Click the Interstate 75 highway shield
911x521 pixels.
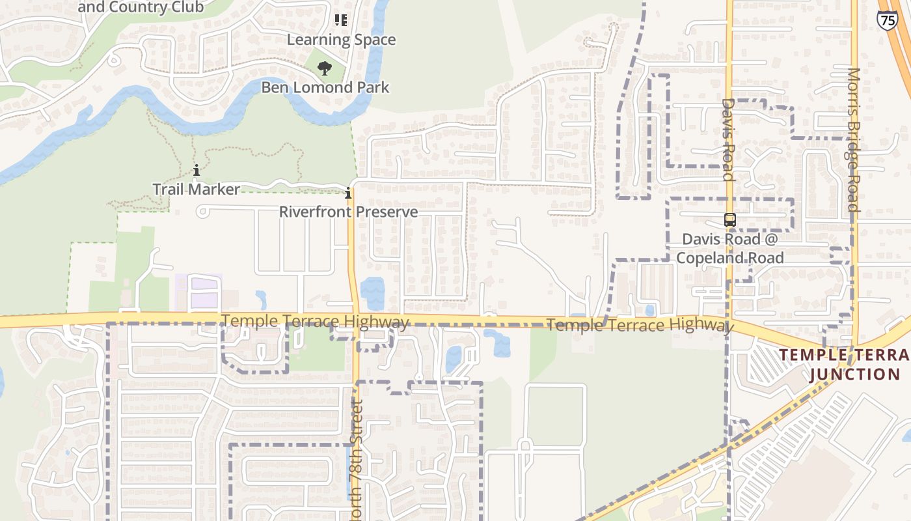[x=886, y=20]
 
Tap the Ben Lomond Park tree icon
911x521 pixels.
[x=324, y=68]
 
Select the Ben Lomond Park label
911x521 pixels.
[x=325, y=87]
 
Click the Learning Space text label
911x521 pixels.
[x=341, y=40]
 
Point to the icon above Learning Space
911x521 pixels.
[x=341, y=20]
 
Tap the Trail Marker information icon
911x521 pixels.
[x=197, y=171]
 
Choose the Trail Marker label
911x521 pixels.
[x=196, y=190]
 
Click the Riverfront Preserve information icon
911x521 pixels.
[x=348, y=193]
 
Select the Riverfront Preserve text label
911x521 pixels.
[x=348, y=212]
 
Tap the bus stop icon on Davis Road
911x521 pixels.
[x=730, y=220]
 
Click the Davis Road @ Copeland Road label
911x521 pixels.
[x=730, y=248]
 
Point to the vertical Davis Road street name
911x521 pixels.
[x=727, y=139]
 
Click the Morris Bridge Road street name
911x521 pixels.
[x=854, y=139]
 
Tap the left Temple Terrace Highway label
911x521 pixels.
[x=315, y=322]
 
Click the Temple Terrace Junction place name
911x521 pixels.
[x=845, y=365]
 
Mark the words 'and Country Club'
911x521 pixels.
[x=141, y=8]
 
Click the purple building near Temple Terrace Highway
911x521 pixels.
[x=204, y=292]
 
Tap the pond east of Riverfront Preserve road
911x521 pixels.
[x=372, y=293]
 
